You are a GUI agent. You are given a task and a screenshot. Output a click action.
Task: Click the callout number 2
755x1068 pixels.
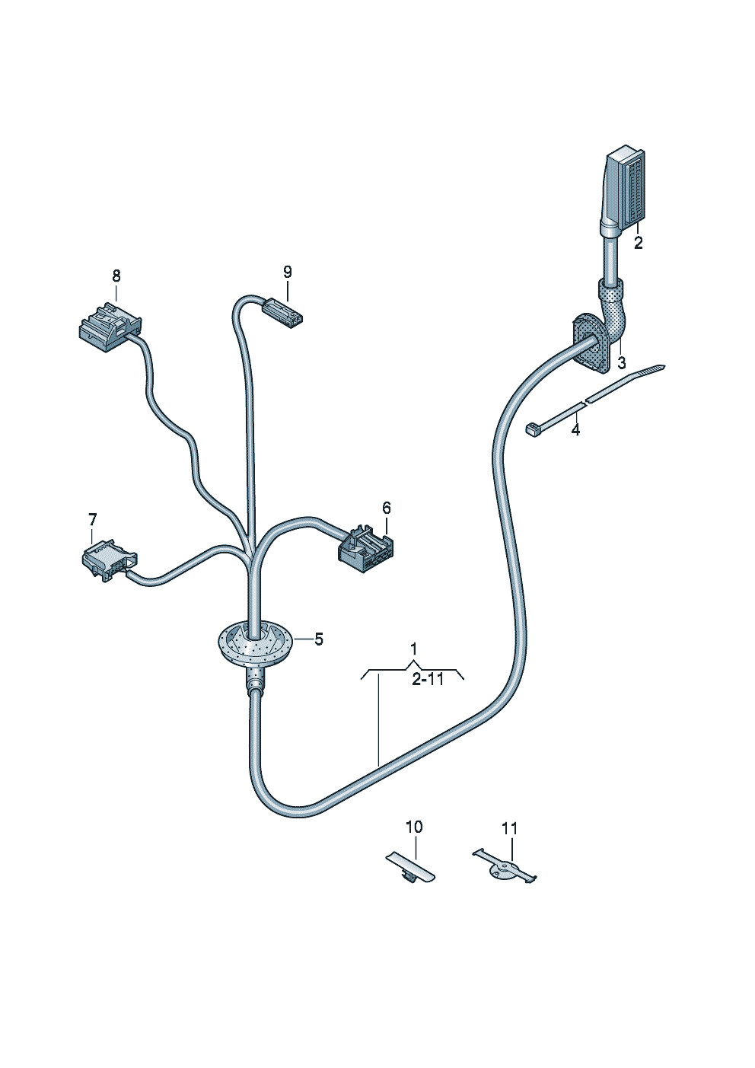coord(638,243)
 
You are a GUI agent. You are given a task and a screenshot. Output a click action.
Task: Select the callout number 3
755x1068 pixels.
coord(621,363)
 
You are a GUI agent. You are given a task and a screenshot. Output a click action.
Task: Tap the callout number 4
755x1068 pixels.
coord(576,430)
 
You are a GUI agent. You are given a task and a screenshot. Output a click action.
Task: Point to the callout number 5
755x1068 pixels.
coord(318,639)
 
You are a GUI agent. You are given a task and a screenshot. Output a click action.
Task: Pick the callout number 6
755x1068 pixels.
coord(386,508)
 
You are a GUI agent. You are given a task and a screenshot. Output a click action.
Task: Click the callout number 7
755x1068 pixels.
coord(92,519)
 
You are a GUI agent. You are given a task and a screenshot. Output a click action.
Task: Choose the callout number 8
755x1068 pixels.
coord(116,276)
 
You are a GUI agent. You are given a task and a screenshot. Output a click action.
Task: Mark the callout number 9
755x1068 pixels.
coord(287,273)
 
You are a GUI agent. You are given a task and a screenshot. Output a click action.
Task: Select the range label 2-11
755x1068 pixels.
coord(428,680)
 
